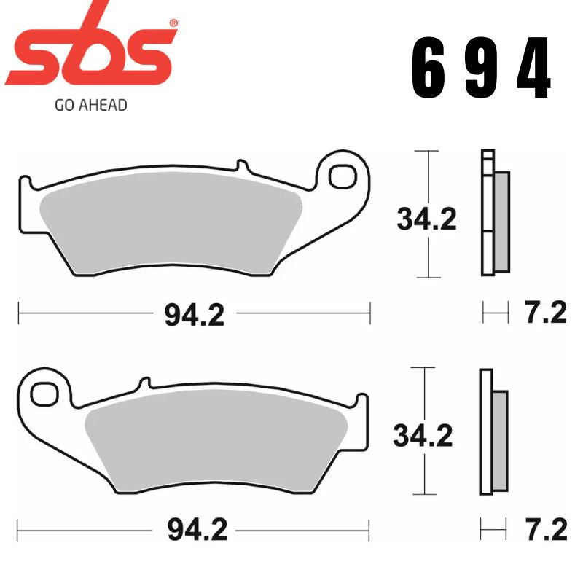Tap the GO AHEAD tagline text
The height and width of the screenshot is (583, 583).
click(x=90, y=105)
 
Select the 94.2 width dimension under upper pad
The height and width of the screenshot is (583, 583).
click(x=194, y=315)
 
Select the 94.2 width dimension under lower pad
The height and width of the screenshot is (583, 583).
click(x=197, y=531)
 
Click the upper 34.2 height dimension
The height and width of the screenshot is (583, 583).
click(x=426, y=217)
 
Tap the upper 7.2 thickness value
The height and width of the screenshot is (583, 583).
click(x=545, y=313)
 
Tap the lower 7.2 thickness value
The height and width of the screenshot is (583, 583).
click(x=545, y=530)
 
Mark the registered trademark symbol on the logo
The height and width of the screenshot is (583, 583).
click(x=173, y=23)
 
